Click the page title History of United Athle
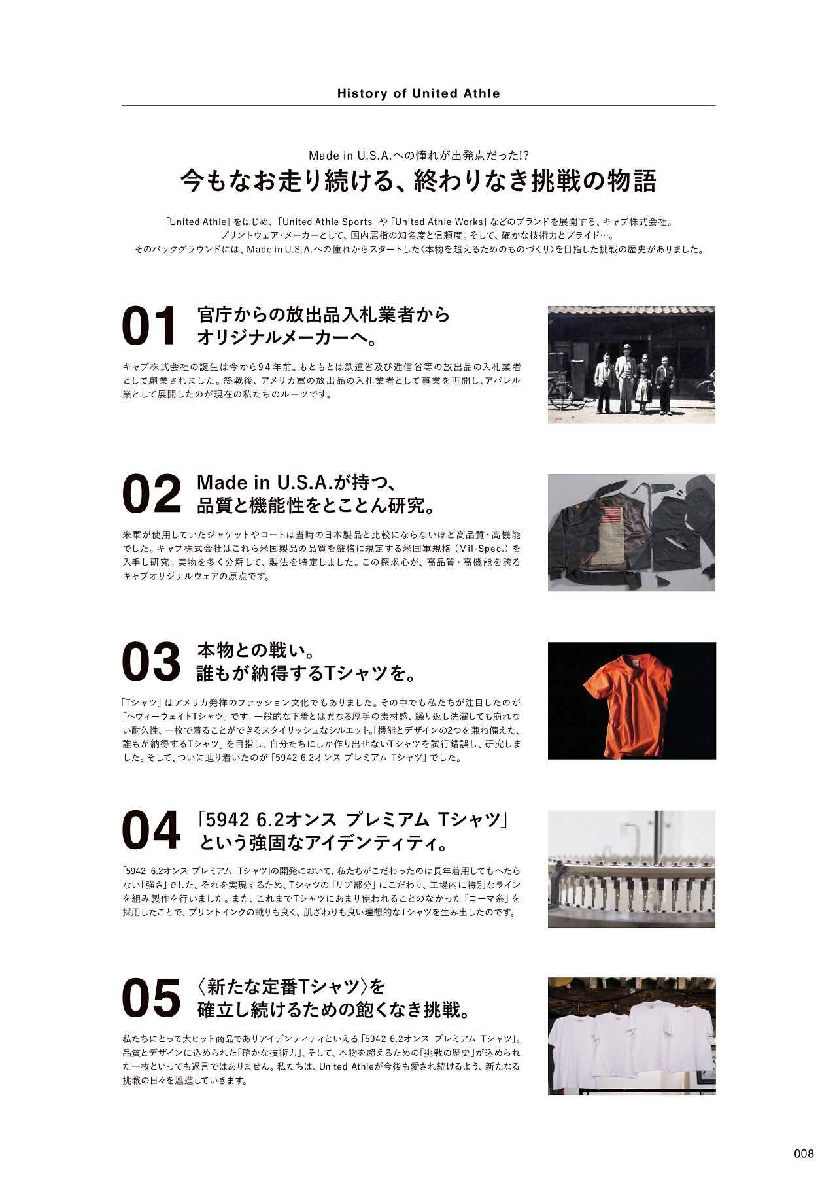coord(418,93)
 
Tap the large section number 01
coord(149,326)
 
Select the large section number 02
coord(151,495)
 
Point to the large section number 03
coord(151,662)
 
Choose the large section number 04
coord(151,830)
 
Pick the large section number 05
coord(151,998)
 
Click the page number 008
coord(804,1153)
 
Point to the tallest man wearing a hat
coord(626,377)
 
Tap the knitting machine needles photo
coord(632,869)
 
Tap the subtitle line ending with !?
coord(418,155)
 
